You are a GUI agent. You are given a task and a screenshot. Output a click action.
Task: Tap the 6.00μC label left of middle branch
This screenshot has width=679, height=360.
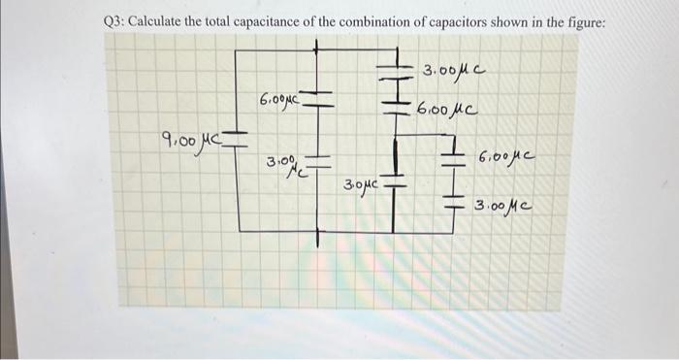tap(282, 99)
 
